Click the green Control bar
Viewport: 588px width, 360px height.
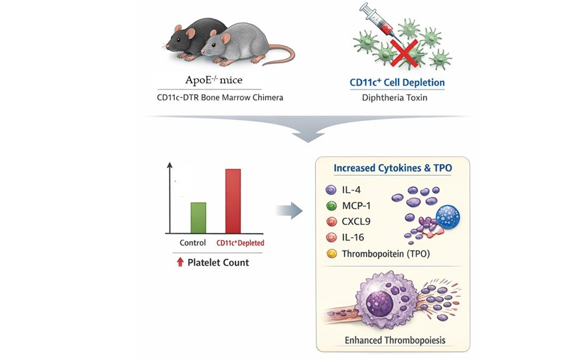click(x=198, y=217)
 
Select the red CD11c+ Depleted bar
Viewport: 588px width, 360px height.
click(x=233, y=201)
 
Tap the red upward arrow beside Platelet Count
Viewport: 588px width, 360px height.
click(x=180, y=262)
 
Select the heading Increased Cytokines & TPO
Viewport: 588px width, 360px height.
click(x=393, y=168)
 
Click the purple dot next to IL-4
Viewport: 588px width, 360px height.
click(x=331, y=190)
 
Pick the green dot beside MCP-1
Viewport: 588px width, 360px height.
click(x=331, y=206)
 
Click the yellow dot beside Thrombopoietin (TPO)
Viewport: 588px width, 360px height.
click(x=331, y=254)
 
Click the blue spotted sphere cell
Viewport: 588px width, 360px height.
click(x=447, y=217)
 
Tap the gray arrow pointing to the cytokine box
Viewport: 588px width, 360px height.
click(x=289, y=211)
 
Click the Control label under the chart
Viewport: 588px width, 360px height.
click(x=193, y=243)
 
